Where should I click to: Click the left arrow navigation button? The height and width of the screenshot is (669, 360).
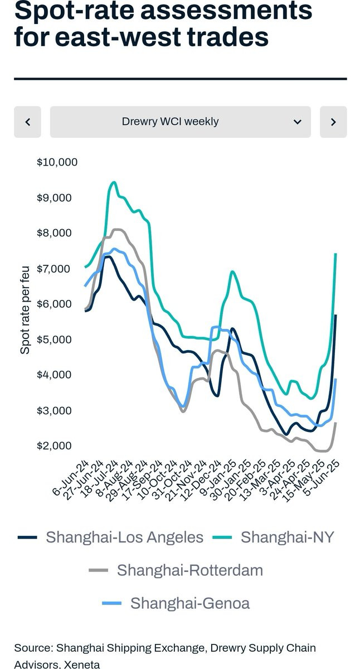27,122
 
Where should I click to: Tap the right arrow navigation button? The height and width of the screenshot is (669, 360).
333,122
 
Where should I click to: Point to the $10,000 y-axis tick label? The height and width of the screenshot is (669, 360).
57,162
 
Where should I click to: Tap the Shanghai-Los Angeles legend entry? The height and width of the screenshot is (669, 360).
111,537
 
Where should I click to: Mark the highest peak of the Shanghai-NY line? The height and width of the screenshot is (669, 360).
114,182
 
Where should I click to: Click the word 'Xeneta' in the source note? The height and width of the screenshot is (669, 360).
81,665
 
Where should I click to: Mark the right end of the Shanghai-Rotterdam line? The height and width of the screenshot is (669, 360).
335,423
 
